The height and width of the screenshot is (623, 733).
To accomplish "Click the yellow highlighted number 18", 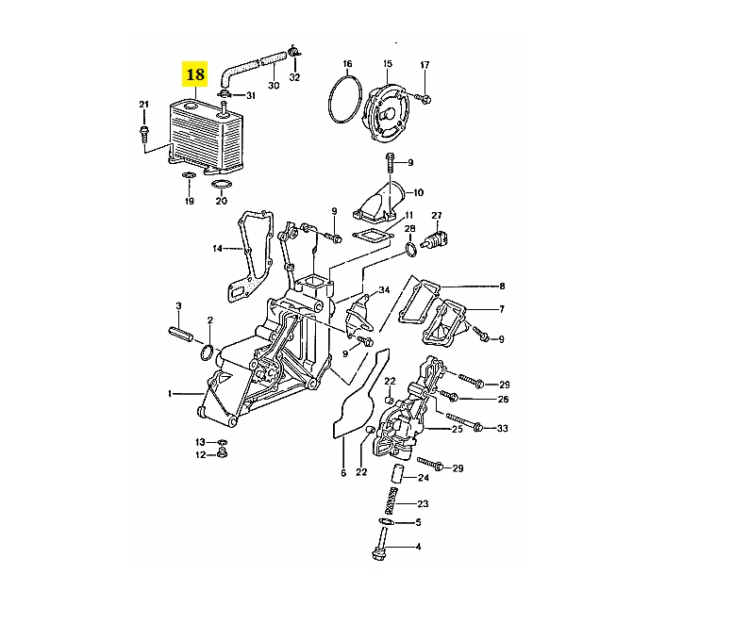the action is (194, 74).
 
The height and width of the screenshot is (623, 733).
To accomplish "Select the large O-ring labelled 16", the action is (329, 99).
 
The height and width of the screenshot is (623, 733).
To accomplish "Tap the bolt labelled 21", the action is (143, 134).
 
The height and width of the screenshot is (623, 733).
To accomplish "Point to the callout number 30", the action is (274, 85).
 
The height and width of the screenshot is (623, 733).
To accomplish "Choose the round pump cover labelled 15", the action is (387, 112).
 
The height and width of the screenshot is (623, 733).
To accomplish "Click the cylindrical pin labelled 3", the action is (180, 334).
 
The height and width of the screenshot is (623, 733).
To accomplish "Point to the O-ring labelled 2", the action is (202, 352).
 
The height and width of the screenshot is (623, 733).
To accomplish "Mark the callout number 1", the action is (170, 394).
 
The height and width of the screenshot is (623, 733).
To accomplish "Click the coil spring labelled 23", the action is (391, 500).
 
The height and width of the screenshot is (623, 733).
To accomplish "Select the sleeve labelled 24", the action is (396, 475).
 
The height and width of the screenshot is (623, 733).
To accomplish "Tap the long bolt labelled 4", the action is (380, 544).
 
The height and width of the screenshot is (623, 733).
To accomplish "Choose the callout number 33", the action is (502, 428).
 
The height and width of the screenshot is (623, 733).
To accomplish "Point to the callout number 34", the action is (384, 290).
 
